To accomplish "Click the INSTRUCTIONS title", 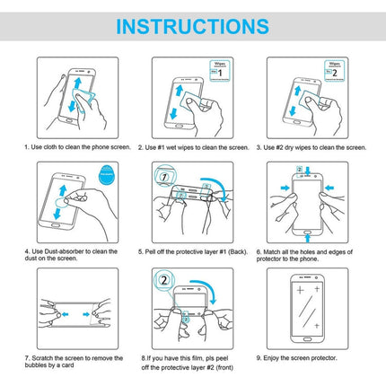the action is click(192, 26).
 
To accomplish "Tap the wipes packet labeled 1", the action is click(220, 71).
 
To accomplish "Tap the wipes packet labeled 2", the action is click(335, 71).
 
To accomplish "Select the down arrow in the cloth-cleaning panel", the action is click(72, 106).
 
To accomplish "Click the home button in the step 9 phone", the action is click(308, 339).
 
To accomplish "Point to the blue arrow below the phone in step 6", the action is click(307, 238).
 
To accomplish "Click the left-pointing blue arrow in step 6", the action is click(329, 188).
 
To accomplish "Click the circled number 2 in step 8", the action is click(164, 280).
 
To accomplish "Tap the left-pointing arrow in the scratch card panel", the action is click(65, 314).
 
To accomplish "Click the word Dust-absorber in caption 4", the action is click(64, 251).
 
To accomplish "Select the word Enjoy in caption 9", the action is click(271, 358).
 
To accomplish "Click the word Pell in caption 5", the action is click(150, 252).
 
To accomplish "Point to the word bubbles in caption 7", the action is click(36, 365).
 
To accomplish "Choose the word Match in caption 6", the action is click(271, 252).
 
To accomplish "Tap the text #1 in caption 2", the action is click(161, 147).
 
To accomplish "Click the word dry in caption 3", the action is click(289, 147).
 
